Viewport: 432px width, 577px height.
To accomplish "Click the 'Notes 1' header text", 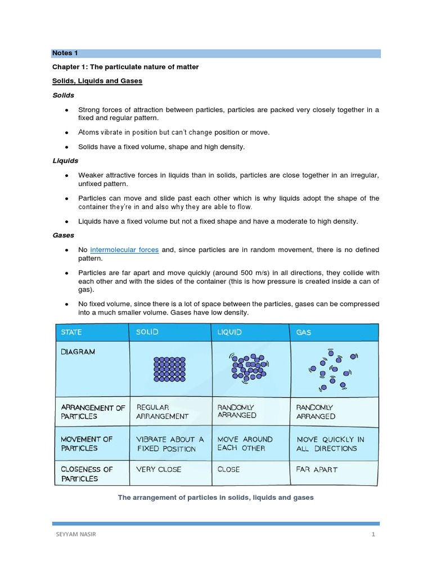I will (65, 53).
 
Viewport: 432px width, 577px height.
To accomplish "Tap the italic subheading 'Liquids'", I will (65, 161).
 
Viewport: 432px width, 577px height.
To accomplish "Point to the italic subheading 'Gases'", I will (63, 235).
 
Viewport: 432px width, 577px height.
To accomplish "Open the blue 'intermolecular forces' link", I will (124, 250).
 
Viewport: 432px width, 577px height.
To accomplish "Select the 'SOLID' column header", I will (147, 332).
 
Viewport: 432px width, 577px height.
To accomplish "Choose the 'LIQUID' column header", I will (229, 332).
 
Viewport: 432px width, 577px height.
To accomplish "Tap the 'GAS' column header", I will (304, 332).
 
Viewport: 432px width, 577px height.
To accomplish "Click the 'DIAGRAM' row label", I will (78, 352).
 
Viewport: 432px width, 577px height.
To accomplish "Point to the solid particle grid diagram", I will (169, 369).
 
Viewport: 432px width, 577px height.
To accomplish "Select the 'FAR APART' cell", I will (317, 469).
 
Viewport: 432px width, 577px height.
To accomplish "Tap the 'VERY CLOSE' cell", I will (159, 469).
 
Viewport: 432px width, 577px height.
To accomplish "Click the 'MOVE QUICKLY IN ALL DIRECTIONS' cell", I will (330, 444).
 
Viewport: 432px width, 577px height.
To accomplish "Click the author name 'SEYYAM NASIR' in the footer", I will (74, 535).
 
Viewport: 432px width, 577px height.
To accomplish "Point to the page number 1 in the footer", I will (373, 535).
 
